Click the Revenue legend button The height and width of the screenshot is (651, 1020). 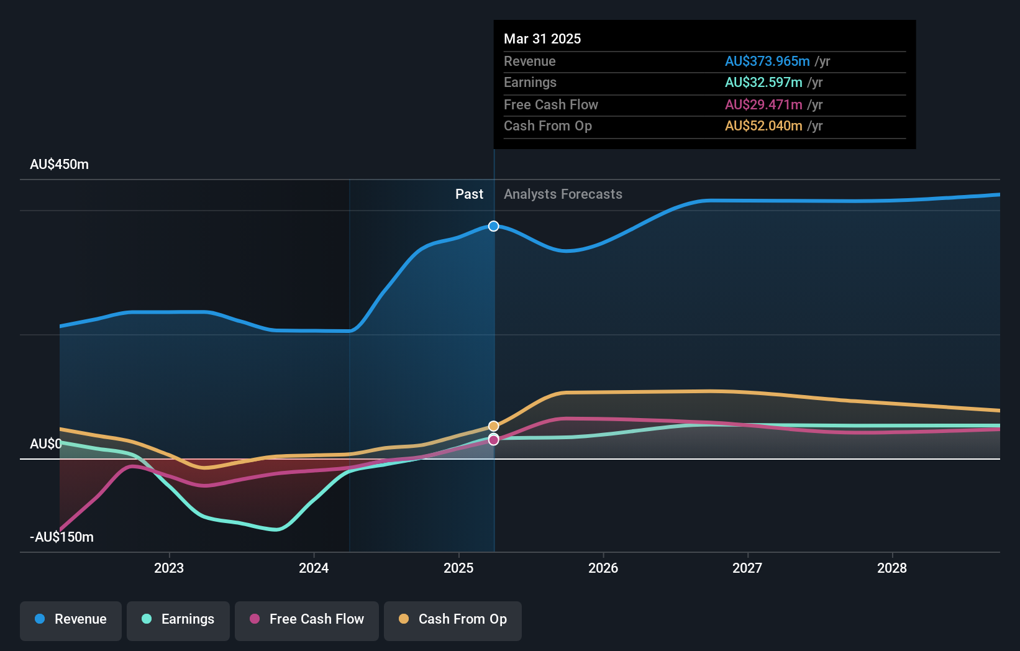pos(71,619)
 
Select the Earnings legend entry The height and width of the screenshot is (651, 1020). pos(178,619)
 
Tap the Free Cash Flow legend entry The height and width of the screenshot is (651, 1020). pos(307,619)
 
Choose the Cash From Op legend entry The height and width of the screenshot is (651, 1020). pos(453,619)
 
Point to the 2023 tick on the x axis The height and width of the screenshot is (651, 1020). pos(169,568)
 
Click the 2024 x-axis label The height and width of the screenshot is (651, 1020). pos(314,568)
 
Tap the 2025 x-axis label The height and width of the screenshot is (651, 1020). pos(458,568)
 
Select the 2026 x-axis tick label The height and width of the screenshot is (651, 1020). pos(603,568)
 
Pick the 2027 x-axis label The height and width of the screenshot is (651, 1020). pos(747,568)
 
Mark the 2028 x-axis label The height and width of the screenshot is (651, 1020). pos(892,568)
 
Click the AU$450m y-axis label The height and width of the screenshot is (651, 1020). pos(60,165)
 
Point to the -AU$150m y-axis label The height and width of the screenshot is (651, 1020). pos(62,537)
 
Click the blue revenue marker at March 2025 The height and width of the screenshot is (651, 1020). pos(494,226)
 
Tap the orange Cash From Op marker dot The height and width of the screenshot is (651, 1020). pos(494,426)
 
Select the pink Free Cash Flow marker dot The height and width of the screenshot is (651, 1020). pos(494,440)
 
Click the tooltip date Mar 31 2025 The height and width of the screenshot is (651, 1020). pos(542,39)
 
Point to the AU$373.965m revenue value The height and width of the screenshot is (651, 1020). pos(767,61)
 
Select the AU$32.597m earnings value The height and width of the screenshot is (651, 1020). pos(763,83)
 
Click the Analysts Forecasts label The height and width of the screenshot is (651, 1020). pos(563,194)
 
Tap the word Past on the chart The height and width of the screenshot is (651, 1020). pos(469,194)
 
